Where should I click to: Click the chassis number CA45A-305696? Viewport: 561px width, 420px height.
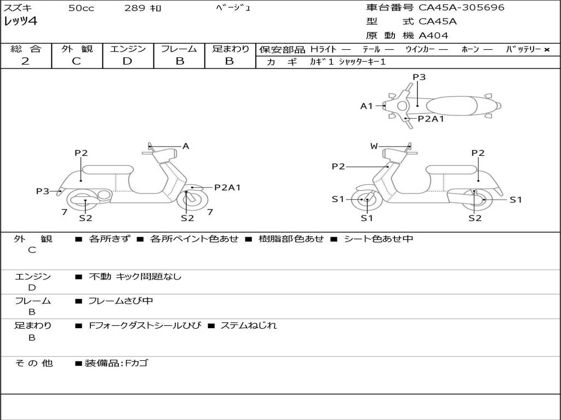461,8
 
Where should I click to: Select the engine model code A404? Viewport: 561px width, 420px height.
433,36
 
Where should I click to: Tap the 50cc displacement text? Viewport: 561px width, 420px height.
80,8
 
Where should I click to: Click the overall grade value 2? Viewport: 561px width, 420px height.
25,61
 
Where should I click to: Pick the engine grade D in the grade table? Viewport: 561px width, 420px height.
127,61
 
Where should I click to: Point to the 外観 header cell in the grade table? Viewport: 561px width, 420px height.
77,49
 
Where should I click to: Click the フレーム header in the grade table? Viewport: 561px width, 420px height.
179,49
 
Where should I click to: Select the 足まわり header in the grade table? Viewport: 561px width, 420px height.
230,49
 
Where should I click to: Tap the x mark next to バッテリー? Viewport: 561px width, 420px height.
547,50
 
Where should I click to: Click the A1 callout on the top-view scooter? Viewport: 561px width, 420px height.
366,106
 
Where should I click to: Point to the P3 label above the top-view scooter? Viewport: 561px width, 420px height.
419,77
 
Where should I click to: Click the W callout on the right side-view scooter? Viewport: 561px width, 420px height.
374,146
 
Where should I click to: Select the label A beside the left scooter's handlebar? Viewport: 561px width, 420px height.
186,146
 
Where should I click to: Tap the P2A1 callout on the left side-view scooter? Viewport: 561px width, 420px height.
227,188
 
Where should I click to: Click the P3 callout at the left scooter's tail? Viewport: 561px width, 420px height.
43,191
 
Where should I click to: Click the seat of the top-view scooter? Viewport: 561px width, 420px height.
454,106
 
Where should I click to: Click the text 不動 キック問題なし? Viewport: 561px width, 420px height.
135,277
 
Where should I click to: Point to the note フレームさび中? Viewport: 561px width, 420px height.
121,301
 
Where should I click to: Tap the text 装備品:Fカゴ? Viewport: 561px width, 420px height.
116,363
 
